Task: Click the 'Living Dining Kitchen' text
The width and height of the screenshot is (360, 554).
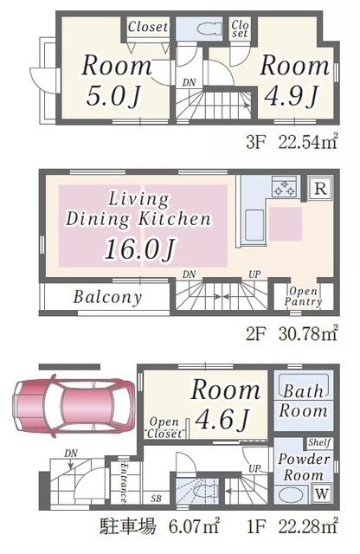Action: [138, 209]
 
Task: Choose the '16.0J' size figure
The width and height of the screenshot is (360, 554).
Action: [140, 249]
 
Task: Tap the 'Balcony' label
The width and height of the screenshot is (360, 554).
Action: [107, 297]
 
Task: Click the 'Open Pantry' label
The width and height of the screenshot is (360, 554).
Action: [304, 296]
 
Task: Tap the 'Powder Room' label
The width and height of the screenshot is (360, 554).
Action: [303, 467]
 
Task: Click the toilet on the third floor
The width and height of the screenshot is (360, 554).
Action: [206, 28]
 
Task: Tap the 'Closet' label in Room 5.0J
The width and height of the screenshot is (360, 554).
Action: [148, 27]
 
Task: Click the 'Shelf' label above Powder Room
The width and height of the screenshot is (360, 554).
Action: [319, 443]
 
